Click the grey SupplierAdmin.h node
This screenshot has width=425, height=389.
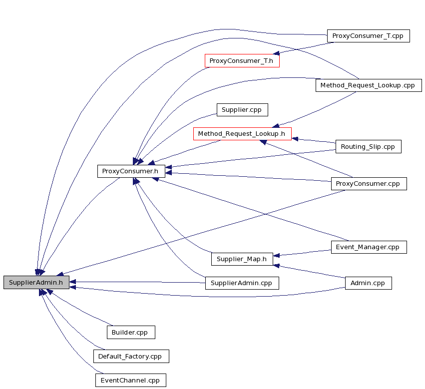[36, 283]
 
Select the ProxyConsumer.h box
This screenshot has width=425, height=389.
[131, 171]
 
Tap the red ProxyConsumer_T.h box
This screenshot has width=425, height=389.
[242, 61]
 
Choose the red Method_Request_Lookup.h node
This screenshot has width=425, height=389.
[242, 134]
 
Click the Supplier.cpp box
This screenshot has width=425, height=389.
[242, 110]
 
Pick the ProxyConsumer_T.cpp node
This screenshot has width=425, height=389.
[369, 36]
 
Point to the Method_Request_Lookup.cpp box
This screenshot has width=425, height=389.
[369, 85]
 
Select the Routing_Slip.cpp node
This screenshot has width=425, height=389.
[369, 147]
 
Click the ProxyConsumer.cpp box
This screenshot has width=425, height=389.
[369, 184]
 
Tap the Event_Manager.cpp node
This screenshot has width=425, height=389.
[369, 247]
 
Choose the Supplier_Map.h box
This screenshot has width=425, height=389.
[242, 259]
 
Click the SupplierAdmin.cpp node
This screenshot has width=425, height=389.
[242, 283]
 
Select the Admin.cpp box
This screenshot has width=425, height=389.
[369, 283]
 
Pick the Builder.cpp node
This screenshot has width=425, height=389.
[131, 333]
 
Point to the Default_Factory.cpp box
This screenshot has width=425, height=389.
[131, 356]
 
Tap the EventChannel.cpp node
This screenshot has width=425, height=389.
[131, 381]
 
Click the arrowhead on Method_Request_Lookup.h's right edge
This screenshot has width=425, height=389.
[295, 139]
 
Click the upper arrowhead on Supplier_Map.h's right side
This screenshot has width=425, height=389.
[277, 255]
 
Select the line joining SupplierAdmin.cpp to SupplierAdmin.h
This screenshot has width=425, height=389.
[137, 282]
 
